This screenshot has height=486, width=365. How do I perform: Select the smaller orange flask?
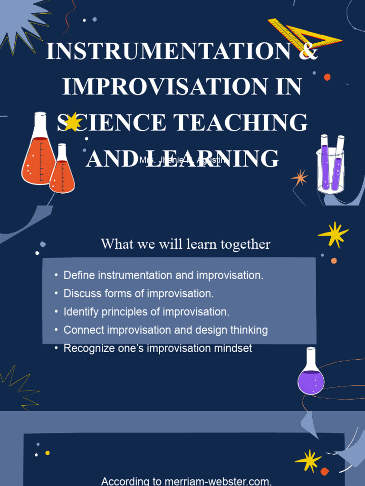[62, 173]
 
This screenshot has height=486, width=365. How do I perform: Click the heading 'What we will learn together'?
[185, 244]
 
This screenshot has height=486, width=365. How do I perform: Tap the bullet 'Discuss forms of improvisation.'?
[138, 294]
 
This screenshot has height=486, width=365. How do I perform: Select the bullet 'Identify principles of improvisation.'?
[146, 312]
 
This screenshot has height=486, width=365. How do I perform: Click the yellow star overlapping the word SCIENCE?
[72, 122]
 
